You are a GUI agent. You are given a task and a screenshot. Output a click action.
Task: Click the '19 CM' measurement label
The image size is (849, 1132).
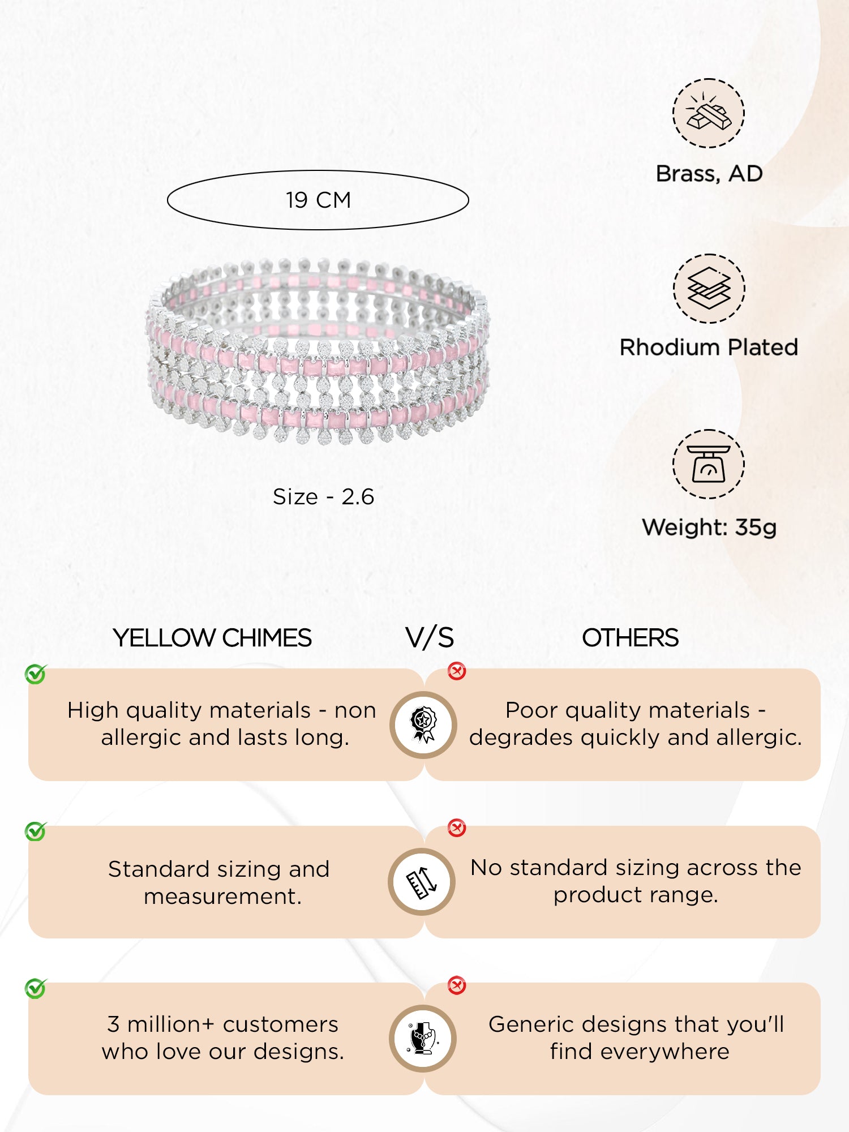point(318,200)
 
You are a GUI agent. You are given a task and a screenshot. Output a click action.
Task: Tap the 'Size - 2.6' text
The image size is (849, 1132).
point(323,497)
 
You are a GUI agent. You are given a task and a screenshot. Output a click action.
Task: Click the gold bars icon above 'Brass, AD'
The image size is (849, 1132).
point(708,113)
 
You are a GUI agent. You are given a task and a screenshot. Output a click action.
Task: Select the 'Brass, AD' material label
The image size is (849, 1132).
point(709,174)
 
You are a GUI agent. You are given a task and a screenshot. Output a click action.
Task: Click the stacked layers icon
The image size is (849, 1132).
point(709,289)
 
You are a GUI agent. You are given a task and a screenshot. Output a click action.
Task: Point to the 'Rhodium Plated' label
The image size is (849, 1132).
point(709,348)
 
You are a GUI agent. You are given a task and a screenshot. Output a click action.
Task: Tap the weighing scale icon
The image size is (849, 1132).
point(708,464)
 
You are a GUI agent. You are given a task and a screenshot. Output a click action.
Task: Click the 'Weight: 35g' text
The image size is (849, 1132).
point(709,528)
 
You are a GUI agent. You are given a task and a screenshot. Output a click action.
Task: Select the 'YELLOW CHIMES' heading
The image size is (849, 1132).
point(212,638)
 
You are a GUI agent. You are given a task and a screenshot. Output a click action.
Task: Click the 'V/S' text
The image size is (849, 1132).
point(430,638)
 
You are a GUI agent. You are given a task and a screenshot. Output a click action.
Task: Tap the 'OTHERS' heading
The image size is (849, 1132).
point(630,638)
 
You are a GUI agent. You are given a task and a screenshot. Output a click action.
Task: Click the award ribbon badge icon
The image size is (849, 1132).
point(423,724)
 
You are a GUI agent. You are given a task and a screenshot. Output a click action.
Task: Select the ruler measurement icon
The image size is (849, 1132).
point(422,882)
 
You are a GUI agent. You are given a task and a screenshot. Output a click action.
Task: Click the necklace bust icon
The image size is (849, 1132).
point(423,1039)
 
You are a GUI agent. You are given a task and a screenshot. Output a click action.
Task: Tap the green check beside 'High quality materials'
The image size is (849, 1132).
point(36,674)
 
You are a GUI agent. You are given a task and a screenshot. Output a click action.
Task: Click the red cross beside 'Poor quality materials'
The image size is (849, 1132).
point(457,671)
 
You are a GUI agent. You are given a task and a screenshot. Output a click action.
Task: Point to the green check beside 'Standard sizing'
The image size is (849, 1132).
point(36,831)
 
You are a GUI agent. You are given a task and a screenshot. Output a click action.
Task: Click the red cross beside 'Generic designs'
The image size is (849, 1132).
point(457,985)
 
